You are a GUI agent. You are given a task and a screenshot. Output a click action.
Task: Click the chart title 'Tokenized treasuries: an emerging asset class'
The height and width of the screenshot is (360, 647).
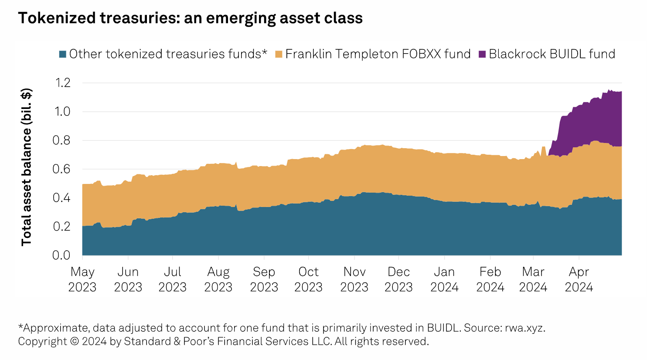coord(190,18)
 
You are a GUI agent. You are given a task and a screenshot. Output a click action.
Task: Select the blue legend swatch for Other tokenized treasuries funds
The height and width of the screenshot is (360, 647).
coord(63,54)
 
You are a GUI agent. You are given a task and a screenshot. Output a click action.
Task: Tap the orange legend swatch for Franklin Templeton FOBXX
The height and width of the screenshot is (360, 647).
coord(279,54)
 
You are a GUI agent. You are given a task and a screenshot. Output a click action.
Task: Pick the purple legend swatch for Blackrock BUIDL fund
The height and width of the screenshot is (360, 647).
coord(482,54)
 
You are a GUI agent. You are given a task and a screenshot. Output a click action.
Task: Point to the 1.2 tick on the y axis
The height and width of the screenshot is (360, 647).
coord(61,82)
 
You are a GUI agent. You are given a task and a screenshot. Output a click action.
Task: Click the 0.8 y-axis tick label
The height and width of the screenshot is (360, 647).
coord(61,140)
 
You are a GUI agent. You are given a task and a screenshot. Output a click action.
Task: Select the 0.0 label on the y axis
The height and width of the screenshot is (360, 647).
coord(61,255)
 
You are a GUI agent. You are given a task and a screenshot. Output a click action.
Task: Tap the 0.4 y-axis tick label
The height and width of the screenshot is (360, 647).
coord(61,198)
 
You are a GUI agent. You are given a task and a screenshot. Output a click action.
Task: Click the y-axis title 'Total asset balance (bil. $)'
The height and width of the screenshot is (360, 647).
coord(27,167)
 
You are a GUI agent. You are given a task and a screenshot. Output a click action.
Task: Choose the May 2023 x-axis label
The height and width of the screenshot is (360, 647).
coord(82,279)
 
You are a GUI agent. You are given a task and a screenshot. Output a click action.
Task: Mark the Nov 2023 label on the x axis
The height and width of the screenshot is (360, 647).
coord(354,279)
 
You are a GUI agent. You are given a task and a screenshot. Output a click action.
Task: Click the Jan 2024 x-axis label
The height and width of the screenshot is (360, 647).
coord(444,279)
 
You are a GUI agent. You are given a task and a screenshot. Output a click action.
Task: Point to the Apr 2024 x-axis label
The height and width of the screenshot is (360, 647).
coord(579,279)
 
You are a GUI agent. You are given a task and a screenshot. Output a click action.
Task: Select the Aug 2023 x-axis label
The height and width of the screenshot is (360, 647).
coord(218,279)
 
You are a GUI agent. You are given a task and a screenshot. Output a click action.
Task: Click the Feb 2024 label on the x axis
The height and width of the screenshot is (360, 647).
coord(490,279)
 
